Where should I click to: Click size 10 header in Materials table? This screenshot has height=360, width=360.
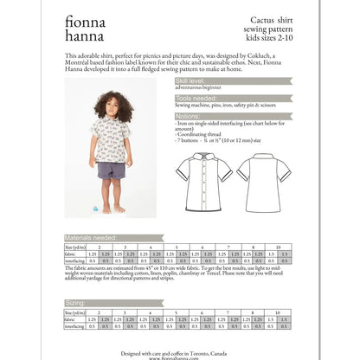point(279,246)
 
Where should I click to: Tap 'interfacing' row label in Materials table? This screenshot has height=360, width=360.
point(74,260)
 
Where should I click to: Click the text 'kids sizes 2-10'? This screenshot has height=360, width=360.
point(266,38)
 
